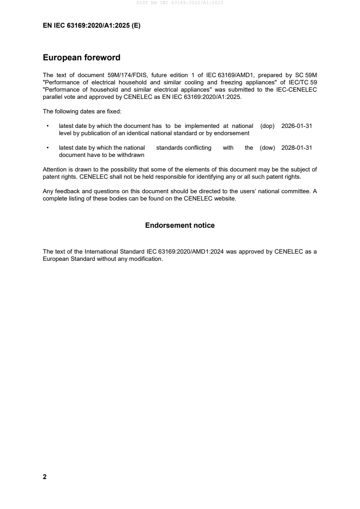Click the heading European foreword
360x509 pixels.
point(81,58)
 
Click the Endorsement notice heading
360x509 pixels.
point(180,225)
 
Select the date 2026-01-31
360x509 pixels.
point(296,126)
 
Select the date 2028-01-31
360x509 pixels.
point(296,148)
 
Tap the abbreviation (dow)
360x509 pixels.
point(267,148)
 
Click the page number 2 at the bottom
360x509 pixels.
point(44,477)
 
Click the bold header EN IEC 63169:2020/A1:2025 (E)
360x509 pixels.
point(91,26)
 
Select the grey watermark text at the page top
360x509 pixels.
point(180,3)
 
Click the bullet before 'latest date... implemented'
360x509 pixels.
point(48,126)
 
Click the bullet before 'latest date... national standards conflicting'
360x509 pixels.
point(48,148)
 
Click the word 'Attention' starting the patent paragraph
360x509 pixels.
point(55,170)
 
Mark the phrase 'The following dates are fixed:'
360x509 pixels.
point(79,111)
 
